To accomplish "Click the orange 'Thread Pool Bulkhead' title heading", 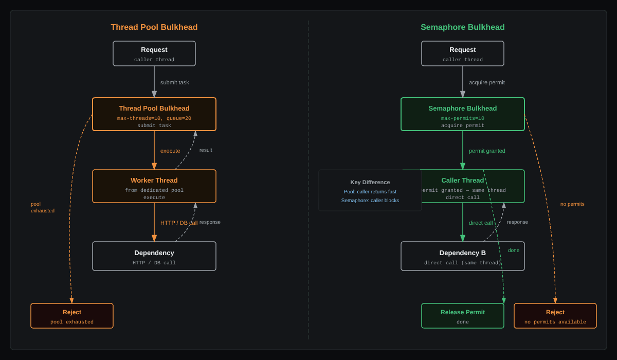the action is coord(154,27).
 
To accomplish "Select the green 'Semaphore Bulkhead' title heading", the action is coord(462,27).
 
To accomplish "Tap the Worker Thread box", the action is coord(154,186).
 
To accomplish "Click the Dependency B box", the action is coord(462,256).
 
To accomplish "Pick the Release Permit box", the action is coord(462,316).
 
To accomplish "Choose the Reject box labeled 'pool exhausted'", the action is coord(72,316).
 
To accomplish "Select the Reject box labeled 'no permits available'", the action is coord(555,316).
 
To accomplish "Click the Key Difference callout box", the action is coord(370,190).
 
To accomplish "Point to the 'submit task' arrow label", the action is coord(175,82).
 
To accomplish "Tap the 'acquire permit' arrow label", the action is coord(487,82).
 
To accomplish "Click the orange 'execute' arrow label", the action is coord(170,151).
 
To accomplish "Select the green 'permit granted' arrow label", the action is coord(487,151).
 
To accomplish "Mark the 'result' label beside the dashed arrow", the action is coord(206,150).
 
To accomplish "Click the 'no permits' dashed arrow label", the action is coord(572,204).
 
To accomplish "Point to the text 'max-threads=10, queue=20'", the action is coord(154,118).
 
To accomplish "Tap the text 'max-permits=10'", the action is coord(462,118).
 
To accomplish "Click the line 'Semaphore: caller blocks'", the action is coord(370,200).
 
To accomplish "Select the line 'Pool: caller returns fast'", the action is coord(370,191).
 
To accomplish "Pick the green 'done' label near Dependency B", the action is coord(514,250).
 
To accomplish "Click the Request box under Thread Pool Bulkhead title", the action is coord(154,53).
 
